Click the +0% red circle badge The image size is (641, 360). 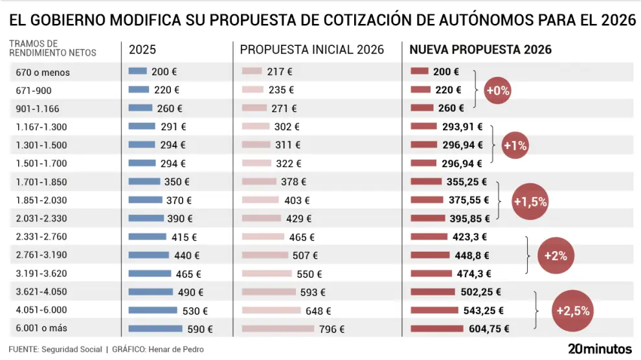(x=498, y=91)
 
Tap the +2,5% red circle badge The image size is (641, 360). (x=573, y=311)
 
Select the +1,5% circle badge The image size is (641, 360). (x=530, y=201)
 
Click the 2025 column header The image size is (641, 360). (x=142, y=50)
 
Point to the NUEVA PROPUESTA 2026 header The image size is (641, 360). (x=481, y=50)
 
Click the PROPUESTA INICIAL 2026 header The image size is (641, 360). (x=312, y=50)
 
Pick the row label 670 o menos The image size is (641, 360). (x=43, y=73)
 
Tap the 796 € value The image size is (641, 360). (x=332, y=329)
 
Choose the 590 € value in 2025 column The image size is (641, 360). (x=200, y=329)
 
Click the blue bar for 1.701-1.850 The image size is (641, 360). (x=144, y=182)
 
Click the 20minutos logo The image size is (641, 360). (x=599, y=348)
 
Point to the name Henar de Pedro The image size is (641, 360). (x=176, y=350)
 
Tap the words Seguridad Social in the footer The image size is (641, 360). (x=71, y=350)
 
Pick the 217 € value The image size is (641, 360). (x=280, y=72)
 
